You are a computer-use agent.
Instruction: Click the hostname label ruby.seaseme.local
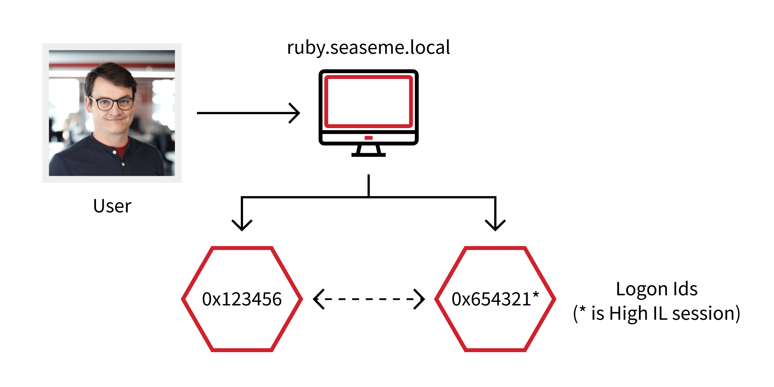tap(368, 48)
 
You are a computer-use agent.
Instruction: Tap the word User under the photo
tap(112, 206)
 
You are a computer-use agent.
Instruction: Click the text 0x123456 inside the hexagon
tap(242, 299)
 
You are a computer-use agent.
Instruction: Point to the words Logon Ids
tap(656, 289)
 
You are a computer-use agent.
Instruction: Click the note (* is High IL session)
tap(656, 313)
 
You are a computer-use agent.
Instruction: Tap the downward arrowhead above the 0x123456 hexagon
tap(242, 225)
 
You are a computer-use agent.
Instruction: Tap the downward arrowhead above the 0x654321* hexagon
tap(495, 225)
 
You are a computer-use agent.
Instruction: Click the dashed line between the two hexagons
tap(369, 299)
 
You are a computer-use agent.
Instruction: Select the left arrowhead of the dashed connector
tap(318, 299)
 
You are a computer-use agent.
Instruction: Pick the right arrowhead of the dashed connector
tap(420, 299)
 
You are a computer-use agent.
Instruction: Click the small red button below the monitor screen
tap(368, 138)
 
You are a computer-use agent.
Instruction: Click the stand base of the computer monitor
tap(368, 154)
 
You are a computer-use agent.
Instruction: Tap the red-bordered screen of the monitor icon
tap(368, 102)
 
